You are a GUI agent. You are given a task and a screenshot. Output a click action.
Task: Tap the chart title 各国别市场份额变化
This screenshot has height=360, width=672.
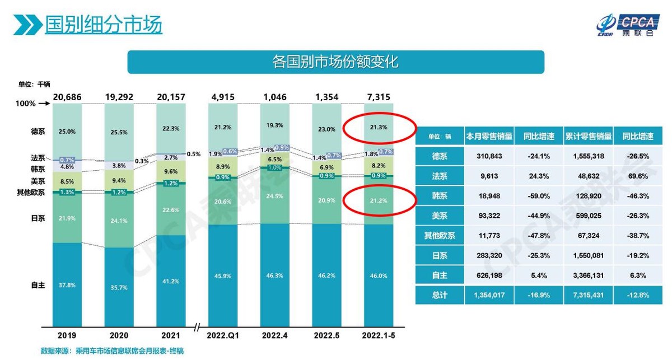tap(335, 62)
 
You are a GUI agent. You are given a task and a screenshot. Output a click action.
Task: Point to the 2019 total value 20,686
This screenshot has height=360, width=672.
tap(67, 97)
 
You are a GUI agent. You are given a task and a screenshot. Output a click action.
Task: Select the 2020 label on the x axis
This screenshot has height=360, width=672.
tap(119, 335)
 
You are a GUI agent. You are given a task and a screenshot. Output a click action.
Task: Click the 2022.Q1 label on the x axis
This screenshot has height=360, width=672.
tap(223, 335)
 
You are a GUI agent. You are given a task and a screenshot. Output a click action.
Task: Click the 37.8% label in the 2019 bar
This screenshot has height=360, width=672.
tap(67, 284)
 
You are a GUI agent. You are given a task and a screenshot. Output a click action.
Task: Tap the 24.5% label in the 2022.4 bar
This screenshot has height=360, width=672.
tap(275, 196)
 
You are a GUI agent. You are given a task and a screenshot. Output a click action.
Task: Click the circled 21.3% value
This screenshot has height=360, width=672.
tap(379, 128)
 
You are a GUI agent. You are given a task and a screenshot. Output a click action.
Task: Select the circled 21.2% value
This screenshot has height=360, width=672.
tap(379, 200)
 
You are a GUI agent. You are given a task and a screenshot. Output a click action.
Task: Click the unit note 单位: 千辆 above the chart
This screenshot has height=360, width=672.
tap(34, 84)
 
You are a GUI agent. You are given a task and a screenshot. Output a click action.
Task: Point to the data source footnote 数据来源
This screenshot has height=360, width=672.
tap(112, 351)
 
